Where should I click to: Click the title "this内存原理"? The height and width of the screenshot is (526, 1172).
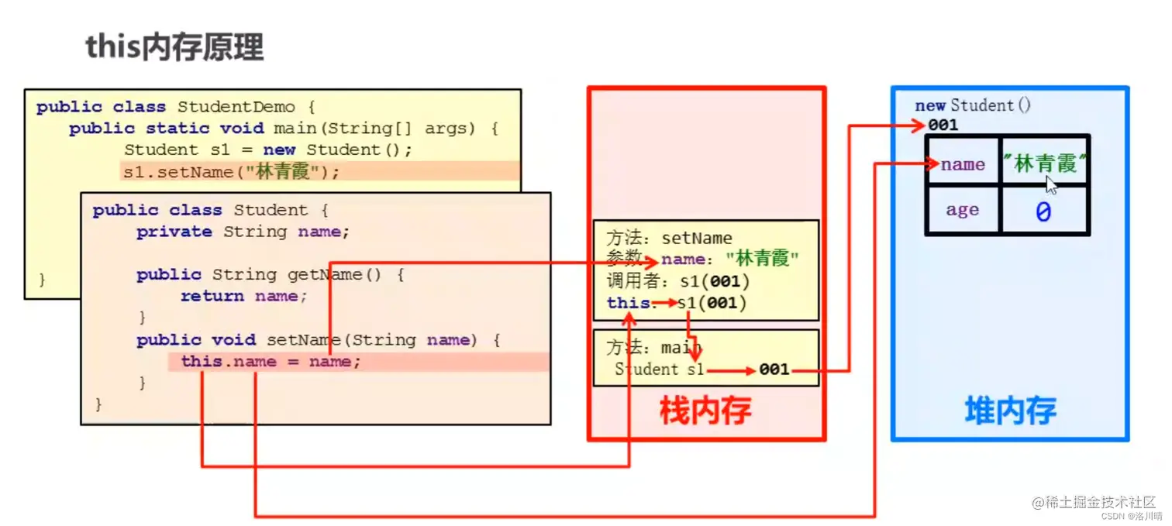click(x=174, y=48)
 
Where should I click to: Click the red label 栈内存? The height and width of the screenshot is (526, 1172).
click(x=705, y=410)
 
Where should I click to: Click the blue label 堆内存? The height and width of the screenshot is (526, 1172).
click(x=1010, y=410)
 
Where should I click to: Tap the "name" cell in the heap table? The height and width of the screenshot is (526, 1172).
click(x=963, y=164)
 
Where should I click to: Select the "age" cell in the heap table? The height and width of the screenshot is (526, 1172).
click(x=962, y=210)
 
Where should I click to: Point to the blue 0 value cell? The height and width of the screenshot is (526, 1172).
click(x=1043, y=211)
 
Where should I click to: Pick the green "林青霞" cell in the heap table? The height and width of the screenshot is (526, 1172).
click(x=1045, y=164)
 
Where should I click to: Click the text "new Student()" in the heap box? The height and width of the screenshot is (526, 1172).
click(x=973, y=105)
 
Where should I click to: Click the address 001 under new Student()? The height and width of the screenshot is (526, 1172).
click(x=943, y=125)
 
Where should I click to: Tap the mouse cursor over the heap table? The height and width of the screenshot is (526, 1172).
click(x=1051, y=184)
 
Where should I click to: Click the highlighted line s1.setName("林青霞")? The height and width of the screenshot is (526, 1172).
click(x=231, y=172)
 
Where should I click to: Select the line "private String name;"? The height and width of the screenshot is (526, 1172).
click(x=243, y=232)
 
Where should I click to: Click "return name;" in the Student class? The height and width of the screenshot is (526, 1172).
click(x=243, y=296)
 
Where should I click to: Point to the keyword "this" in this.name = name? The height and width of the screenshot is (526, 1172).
click(x=200, y=362)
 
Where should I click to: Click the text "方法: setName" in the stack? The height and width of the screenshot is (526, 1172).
click(x=669, y=238)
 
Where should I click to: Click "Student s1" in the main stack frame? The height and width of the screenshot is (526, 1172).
click(x=659, y=370)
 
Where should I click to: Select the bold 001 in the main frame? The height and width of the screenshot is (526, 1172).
click(x=774, y=370)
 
